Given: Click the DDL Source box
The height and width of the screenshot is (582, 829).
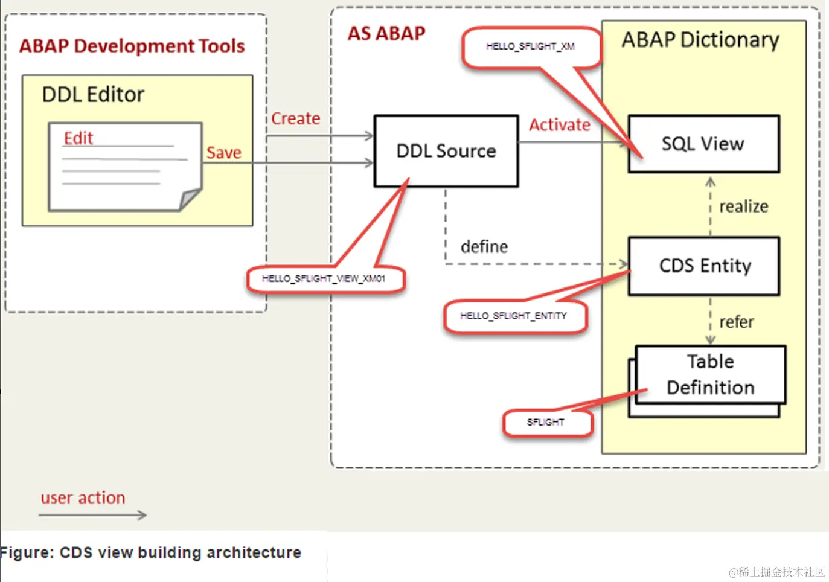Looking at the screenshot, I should coord(446,151).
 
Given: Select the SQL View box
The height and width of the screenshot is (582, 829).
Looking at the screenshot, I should coord(703,144).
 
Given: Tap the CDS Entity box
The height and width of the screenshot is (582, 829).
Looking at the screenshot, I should coord(704,266).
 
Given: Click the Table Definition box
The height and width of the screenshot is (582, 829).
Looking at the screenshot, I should coord(710,374).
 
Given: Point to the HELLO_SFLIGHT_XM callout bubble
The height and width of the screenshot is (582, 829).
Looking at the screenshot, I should coord(531,46).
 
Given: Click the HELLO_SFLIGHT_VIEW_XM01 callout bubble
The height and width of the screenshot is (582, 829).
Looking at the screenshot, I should coord(324,278).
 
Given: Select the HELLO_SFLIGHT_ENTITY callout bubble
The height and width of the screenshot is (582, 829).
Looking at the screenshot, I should coord(514,316).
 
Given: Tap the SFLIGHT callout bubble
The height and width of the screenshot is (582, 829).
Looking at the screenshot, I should coord(546,422).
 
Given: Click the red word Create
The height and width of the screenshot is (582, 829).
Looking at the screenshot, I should coord(295,118).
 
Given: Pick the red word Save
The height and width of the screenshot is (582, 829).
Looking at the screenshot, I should coord(223,153).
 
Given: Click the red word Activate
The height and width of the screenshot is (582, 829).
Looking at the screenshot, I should coord(560,125).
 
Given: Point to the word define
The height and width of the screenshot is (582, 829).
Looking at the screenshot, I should coord(484,246).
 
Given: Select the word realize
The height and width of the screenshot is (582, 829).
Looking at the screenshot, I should coord(744,206).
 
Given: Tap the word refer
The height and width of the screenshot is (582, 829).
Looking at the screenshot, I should coord(737,322).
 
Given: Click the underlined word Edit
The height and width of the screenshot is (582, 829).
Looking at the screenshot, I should coord(78,138).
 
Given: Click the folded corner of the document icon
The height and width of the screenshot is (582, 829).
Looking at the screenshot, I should coord(191,198).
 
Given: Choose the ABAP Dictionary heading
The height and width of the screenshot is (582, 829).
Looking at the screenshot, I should coord(700,40).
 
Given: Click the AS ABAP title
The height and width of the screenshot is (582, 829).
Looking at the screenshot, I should coord(386,33).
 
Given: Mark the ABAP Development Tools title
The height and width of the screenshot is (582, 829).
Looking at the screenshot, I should coord(132,46).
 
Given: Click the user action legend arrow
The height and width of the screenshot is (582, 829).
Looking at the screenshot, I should coord(93,515).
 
